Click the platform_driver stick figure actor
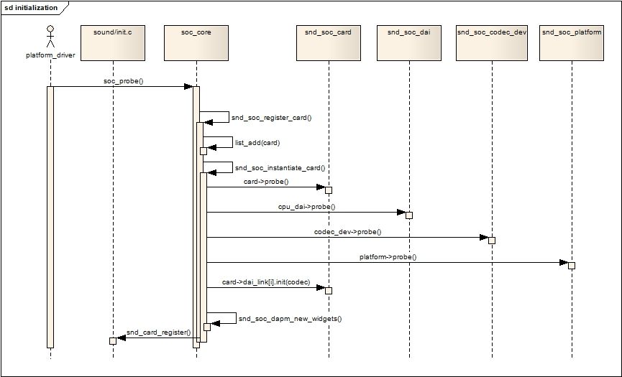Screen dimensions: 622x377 coord(50,37)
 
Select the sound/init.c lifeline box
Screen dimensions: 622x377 coord(113,43)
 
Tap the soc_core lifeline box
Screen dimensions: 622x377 coord(196,43)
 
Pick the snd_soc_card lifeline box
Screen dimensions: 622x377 coord(329,43)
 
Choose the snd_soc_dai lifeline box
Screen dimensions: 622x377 coord(409,43)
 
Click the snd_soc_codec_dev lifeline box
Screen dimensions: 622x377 coord(492,43)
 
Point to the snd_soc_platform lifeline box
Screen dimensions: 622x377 coord(572,43)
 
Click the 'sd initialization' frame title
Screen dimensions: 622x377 coord(31,8)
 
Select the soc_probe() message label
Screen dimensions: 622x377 coord(124,81)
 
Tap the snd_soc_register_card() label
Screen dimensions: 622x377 coord(272,118)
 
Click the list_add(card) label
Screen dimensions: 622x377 coord(257,143)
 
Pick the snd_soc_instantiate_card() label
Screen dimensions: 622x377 coord(280,168)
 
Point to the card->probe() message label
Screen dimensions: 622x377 coord(266,182)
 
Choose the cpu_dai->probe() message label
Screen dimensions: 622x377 coord(306,207)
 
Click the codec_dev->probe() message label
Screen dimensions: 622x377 coord(347,232)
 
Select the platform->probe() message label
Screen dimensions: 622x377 coord(388,257)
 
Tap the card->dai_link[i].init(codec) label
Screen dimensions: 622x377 coord(266,282)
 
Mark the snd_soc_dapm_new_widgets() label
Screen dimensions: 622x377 coord(290,318)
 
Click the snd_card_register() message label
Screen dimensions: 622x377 coord(159,332)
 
